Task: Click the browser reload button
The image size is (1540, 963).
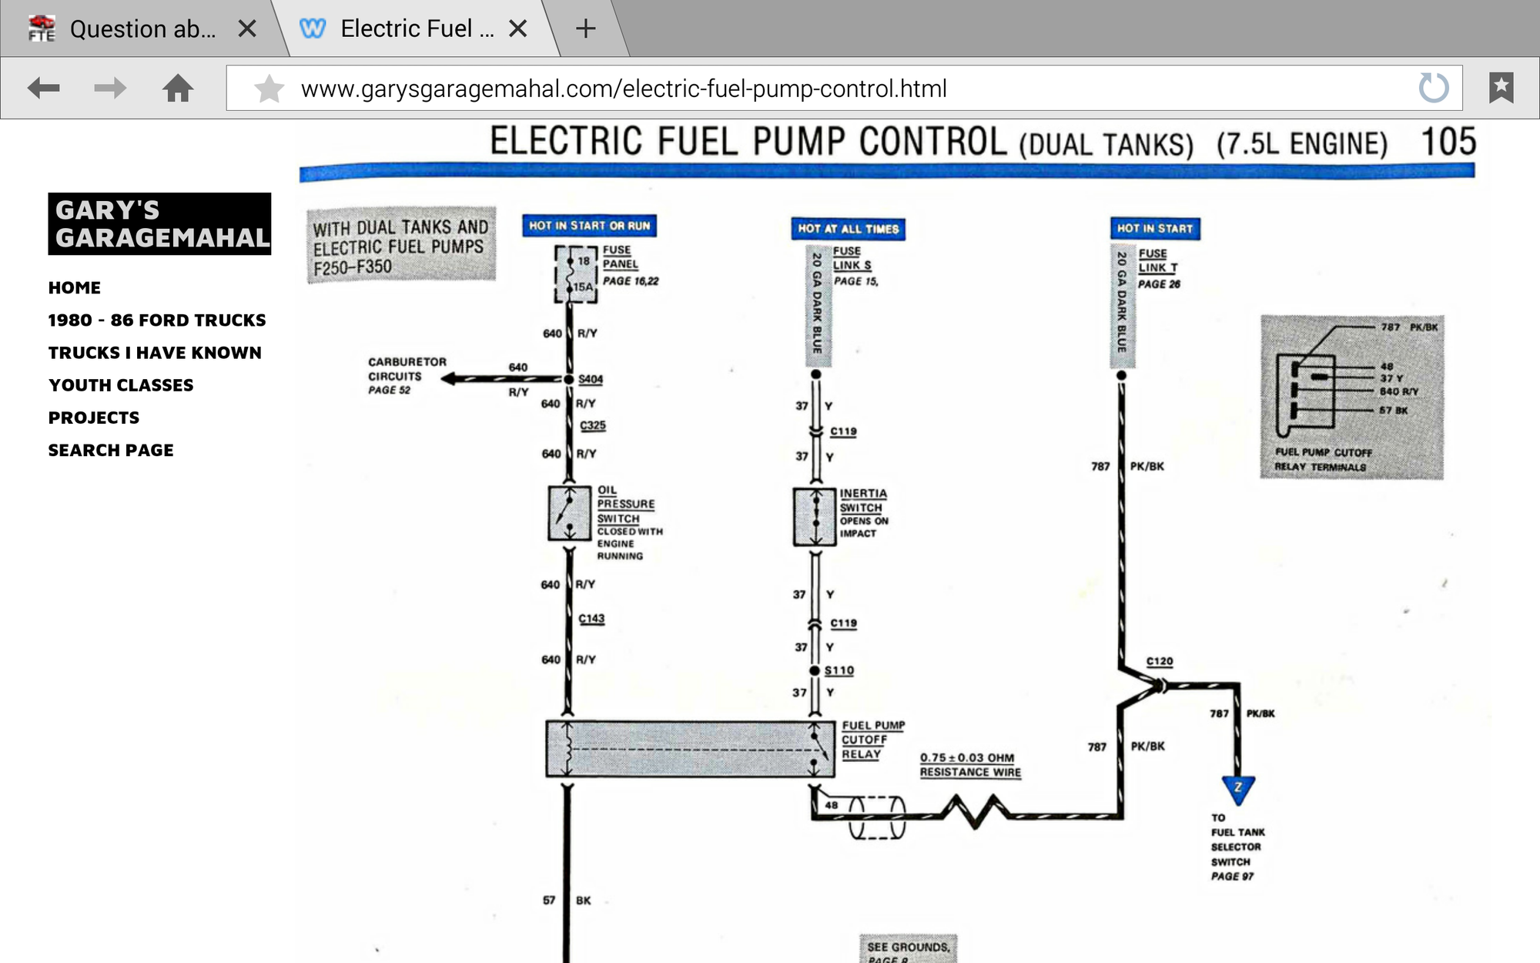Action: click(1433, 88)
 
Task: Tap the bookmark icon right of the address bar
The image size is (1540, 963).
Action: click(1501, 88)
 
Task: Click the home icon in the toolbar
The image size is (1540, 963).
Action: click(178, 88)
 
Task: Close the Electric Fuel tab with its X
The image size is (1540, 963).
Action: click(518, 29)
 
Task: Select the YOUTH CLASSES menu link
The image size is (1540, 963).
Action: click(121, 385)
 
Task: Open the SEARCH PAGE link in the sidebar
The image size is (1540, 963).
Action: click(111, 450)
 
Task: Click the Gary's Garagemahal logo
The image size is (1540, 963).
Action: click(159, 223)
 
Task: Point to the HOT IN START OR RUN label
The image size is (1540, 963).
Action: click(589, 226)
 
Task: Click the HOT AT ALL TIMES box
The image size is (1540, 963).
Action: click(848, 229)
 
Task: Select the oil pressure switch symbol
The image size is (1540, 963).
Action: click(569, 513)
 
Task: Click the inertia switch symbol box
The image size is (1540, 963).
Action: click(815, 517)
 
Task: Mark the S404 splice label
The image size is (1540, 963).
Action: click(591, 379)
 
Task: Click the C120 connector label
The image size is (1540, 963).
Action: click(1160, 661)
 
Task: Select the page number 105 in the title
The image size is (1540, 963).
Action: click(1448, 143)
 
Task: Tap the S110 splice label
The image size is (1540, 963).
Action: click(839, 670)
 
